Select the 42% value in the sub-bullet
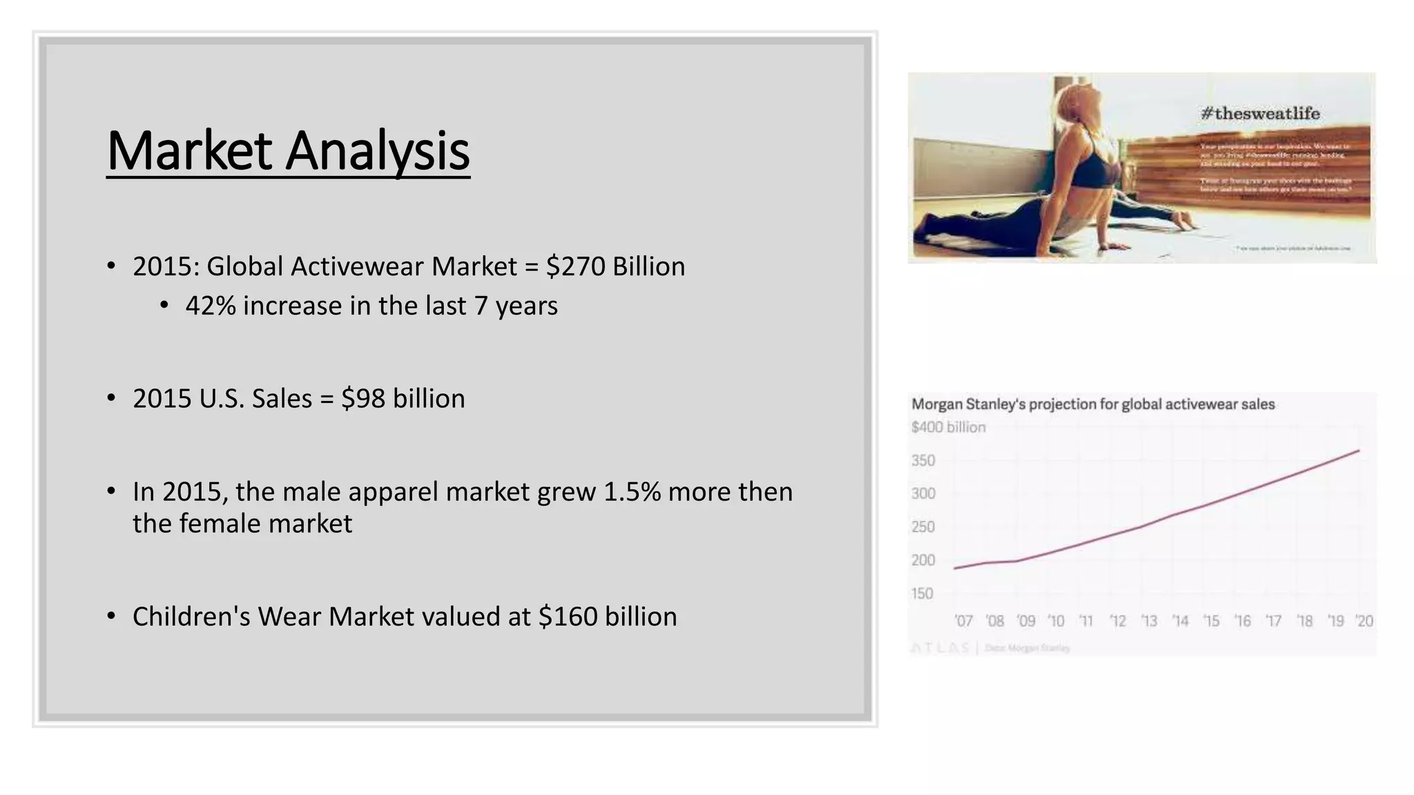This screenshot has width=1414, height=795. [211, 306]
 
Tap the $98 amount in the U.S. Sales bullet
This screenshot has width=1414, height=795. [363, 398]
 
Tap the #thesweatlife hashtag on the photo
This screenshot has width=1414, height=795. [1260, 113]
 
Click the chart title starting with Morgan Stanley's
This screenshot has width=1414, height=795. [1092, 404]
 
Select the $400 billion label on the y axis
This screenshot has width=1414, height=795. [948, 427]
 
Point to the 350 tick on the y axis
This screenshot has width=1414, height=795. [923, 460]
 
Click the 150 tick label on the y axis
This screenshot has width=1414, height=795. [922, 593]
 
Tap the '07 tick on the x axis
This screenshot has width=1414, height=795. [963, 621]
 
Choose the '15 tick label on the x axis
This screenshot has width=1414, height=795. [1211, 621]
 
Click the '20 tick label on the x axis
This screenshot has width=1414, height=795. [1364, 621]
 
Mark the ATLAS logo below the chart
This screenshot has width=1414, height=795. [940, 648]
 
